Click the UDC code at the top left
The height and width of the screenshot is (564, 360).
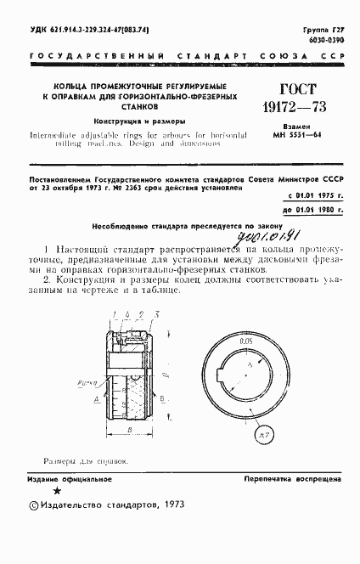(89, 31)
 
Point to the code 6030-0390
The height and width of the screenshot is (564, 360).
(323, 40)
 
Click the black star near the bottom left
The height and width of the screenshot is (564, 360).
(57, 513)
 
